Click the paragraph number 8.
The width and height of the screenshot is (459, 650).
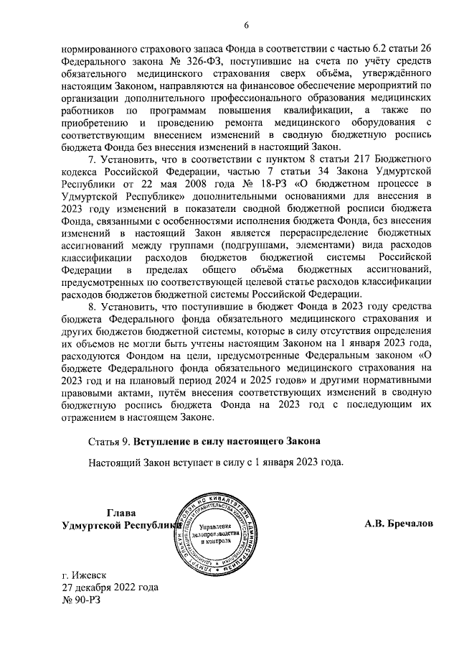(x=91, y=306)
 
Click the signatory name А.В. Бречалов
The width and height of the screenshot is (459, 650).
(x=398, y=524)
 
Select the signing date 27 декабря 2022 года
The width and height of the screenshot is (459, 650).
(x=110, y=587)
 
